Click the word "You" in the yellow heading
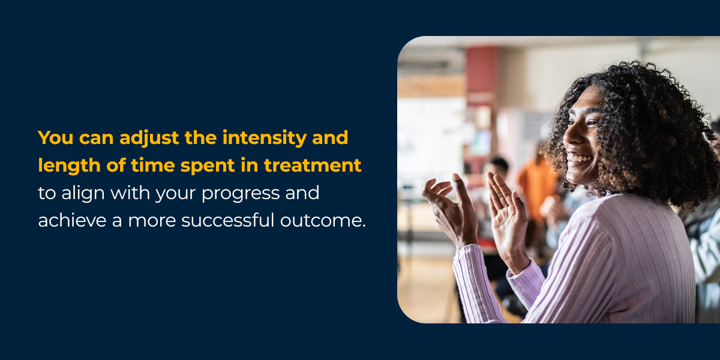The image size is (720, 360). click(56, 137)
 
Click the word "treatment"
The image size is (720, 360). click(313, 166)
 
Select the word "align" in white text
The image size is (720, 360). click(83, 193)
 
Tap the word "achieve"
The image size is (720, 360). click(72, 221)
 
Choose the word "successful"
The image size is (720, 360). click(227, 221)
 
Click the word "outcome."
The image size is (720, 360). click(323, 221)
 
